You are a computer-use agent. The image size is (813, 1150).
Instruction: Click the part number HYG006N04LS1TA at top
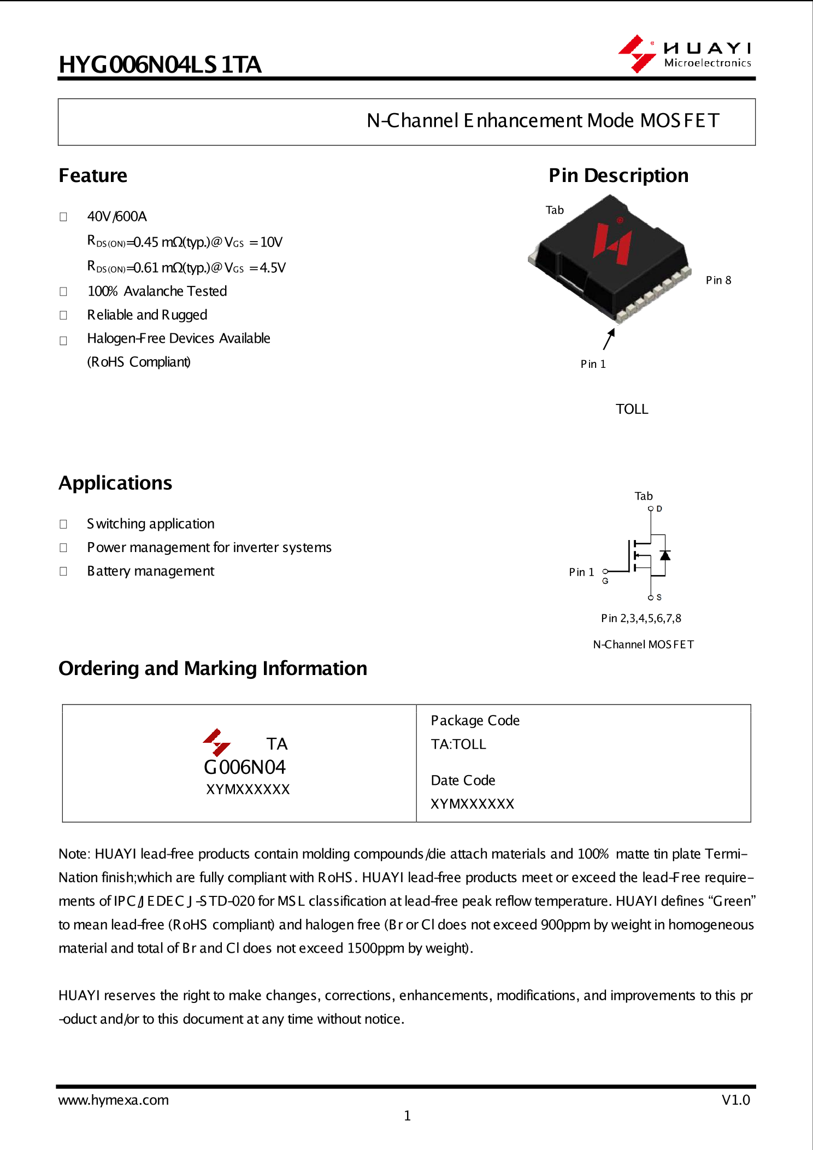[160, 64]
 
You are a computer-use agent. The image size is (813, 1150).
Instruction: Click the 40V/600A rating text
[117, 216]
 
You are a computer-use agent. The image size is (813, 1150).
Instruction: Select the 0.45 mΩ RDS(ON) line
[185, 242]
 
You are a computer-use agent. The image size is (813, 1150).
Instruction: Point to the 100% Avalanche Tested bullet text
[157, 291]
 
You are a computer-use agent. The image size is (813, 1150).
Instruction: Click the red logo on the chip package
[613, 243]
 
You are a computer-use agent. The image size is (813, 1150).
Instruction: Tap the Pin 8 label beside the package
[718, 280]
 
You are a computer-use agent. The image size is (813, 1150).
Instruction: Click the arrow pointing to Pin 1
[609, 339]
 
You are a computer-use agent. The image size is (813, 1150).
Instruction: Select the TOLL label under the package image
[632, 409]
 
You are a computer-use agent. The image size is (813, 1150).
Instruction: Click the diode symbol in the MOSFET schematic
[665, 555]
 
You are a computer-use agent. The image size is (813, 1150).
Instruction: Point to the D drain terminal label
[659, 509]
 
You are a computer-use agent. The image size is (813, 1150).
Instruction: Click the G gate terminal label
[605, 581]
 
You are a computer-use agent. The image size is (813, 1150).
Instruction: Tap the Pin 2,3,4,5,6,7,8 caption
[641, 619]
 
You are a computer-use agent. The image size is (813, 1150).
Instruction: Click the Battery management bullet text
[150, 571]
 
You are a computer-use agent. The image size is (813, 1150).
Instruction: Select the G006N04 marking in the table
[244, 767]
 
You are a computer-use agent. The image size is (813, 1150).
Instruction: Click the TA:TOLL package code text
[458, 744]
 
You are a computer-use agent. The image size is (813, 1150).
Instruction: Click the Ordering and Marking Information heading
[213, 668]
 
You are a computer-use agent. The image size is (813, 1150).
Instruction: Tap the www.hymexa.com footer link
[114, 1100]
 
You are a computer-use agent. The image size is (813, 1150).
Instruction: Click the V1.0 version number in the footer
[735, 1100]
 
